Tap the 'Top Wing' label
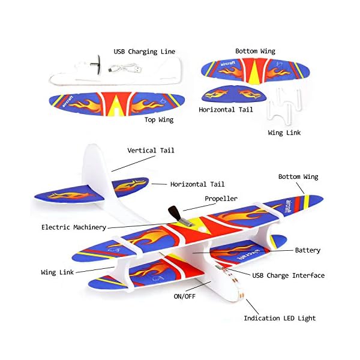click(159, 119)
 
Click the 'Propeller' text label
click(221, 198)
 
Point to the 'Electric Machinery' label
click(74, 227)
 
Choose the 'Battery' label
click(307, 250)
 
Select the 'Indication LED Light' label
click(280, 318)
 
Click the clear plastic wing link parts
click(283, 107)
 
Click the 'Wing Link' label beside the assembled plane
click(58, 272)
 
